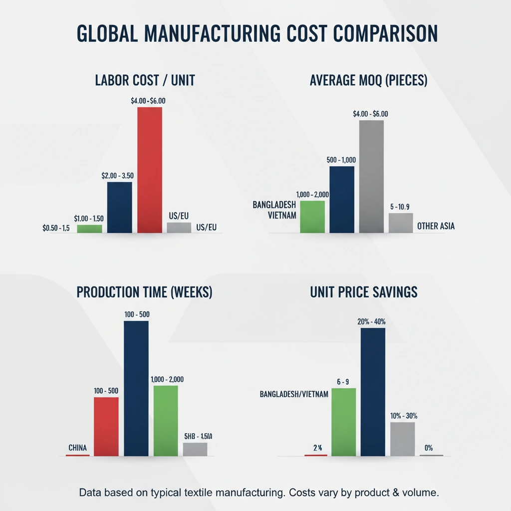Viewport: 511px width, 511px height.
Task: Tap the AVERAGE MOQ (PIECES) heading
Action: click(x=369, y=81)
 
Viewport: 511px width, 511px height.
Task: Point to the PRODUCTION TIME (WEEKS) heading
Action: click(x=145, y=292)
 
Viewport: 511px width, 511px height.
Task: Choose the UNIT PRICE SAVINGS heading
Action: click(x=363, y=292)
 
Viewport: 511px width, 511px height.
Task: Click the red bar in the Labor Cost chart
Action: click(x=150, y=170)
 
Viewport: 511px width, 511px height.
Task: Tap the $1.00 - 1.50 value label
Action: click(x=89, y=219)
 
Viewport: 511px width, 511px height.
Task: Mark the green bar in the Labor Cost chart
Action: click(x=89, y=229)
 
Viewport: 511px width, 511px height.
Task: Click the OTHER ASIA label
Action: click(x=436, y=226)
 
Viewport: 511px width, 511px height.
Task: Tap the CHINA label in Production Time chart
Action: click(x=77, y=448)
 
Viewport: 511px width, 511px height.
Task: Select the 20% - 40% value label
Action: click(x=371, y=321)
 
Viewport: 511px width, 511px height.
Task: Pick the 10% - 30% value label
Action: click(x=404, y=416)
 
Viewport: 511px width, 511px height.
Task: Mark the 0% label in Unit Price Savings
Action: click(x=428, y=448)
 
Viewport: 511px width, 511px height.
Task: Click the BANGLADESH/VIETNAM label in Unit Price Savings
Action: click(x=294, y=394)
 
